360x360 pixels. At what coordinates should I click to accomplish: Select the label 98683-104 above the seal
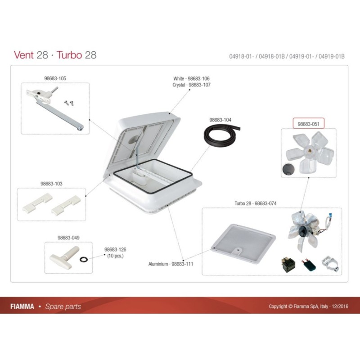tap(220, 121)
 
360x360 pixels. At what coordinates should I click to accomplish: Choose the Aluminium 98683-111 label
tap(171, 264)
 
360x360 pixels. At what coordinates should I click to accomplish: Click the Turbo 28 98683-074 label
tap(255, 203)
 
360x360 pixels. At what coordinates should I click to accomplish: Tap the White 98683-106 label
tap(191, 78)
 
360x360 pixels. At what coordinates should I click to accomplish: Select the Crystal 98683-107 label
tap(191, 85)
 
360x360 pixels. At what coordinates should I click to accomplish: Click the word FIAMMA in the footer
tap(22, 306)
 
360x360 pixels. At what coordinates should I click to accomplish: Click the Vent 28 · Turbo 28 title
tap(55, 55)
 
